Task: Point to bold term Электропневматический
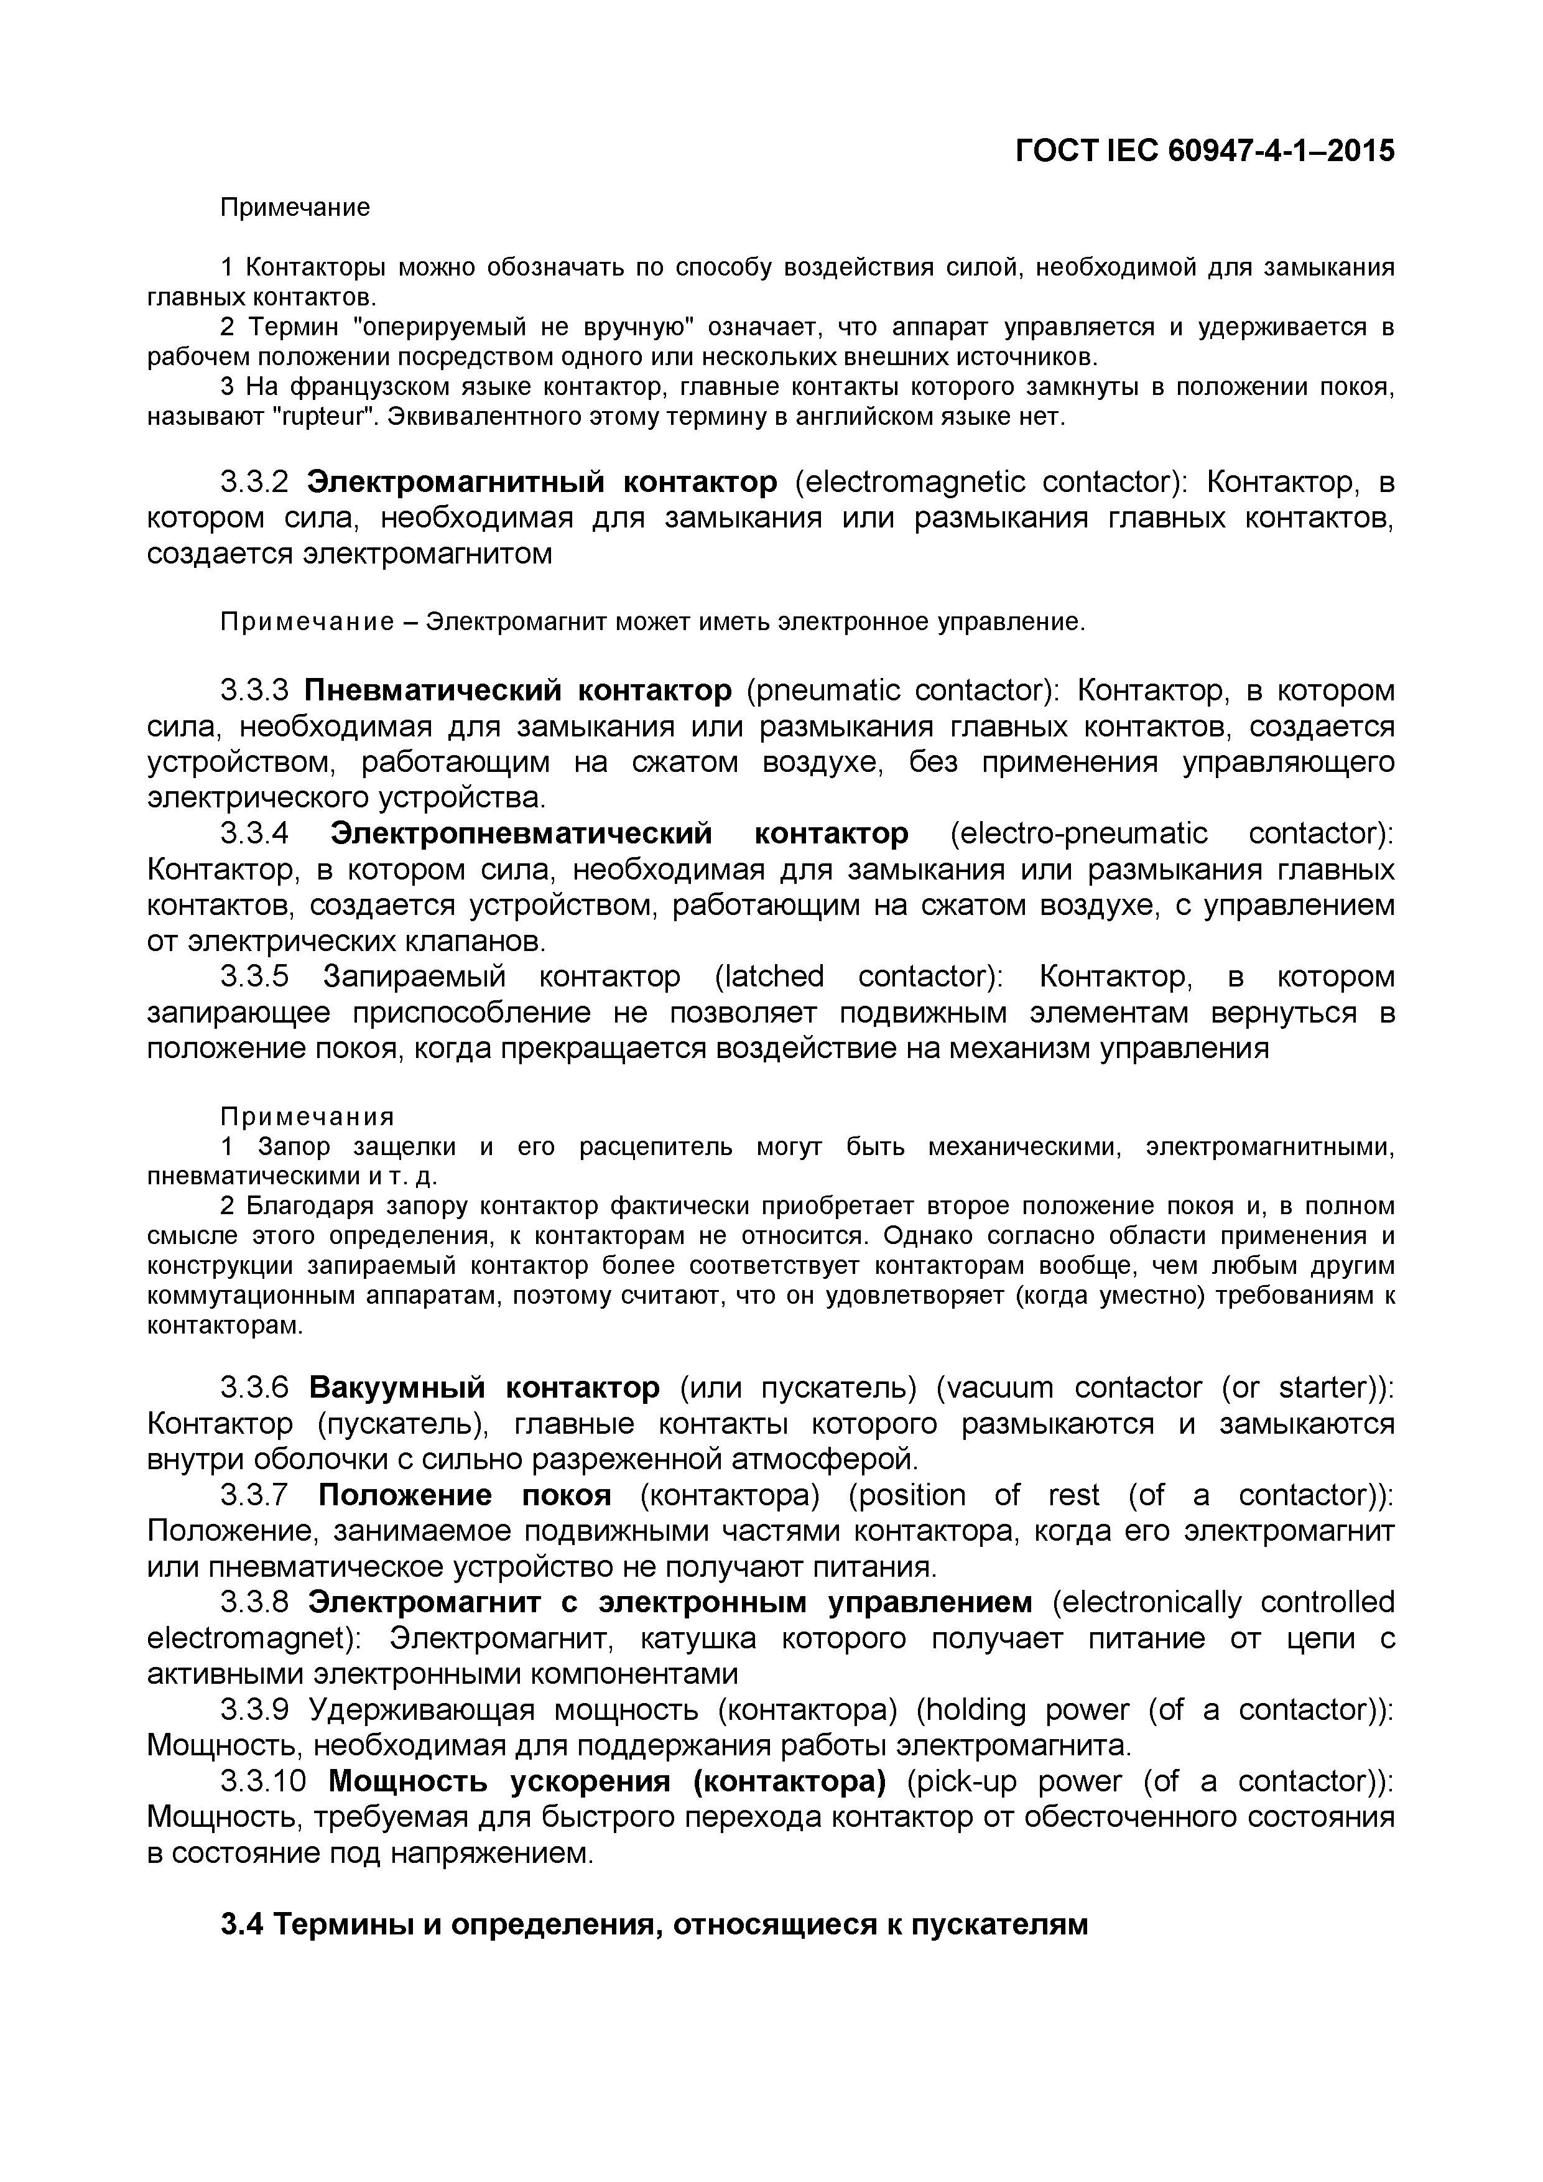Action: point(522,834)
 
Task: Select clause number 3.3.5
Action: point(254,977)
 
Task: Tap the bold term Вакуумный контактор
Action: point(484,1388)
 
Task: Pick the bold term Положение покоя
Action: point(465,1496)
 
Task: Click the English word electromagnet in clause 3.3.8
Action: point(249,1640)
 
